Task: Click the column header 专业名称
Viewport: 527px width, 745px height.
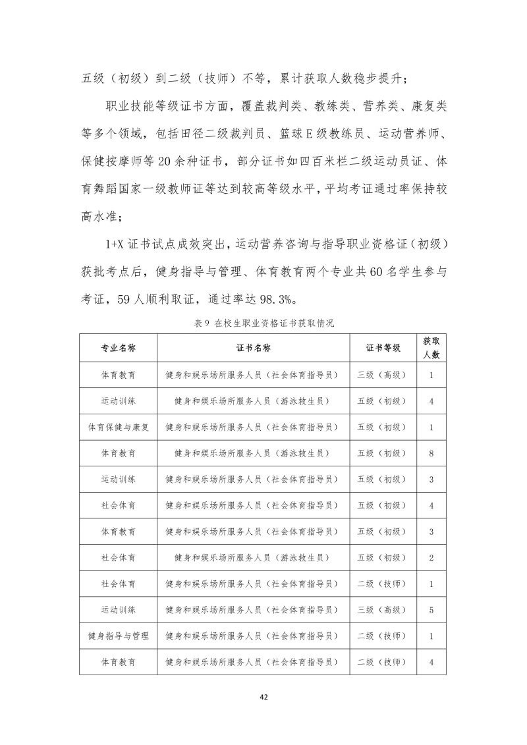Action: [x=119, y=348]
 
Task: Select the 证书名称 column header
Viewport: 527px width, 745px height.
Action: [x=254, y=348]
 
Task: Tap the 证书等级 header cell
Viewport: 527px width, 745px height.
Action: [x=383, y=348]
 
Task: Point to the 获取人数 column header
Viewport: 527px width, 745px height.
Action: [x=431, y=348]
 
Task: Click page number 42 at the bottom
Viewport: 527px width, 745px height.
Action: [x=263, y=697]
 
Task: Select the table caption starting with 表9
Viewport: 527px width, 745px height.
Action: [x=263, y=323]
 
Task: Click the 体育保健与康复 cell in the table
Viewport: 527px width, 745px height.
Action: [x=119, y=427]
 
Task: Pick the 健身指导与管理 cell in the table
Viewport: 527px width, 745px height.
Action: [x=119, y=636]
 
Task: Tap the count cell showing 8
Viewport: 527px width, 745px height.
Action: [x=431, y=453]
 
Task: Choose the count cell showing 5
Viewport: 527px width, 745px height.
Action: [x=431, y=610]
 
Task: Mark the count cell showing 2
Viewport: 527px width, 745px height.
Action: [x=431, y=558]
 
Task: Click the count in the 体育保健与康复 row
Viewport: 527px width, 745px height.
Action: [x=431, y=427]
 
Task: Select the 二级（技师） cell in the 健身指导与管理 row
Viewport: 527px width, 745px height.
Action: [x=383, y=636]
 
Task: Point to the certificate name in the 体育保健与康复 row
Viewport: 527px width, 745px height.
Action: [x=254, y=427]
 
